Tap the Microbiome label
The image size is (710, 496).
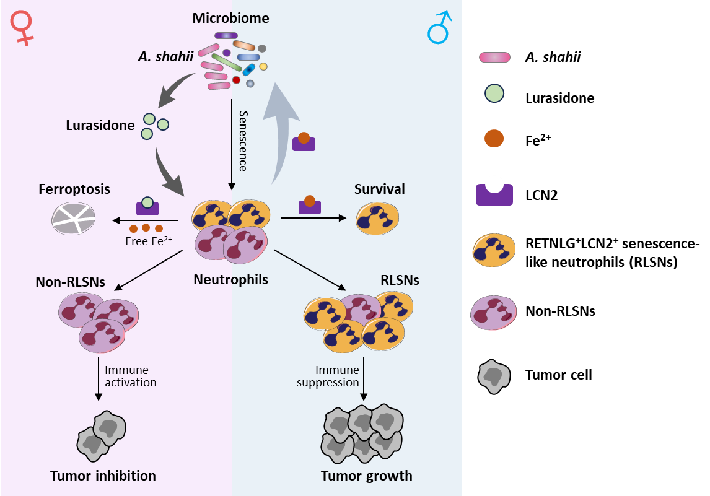(230, 19)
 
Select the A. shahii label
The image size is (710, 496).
(165, 58)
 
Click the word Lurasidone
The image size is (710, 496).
(100, 126)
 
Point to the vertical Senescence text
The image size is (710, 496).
(243, 141)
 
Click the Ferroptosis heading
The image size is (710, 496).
(74, 189)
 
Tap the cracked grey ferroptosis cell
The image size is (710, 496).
(74, 218)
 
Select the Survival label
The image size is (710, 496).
(379, 189)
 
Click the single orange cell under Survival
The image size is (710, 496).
(377, 219)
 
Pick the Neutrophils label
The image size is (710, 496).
(230, 279)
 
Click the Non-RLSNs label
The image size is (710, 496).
(70, 283)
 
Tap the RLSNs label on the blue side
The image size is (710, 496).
(400, 281)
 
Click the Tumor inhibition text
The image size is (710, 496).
(103, 476)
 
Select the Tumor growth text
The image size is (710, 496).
(366, 476)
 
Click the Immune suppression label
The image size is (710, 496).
(328, 376)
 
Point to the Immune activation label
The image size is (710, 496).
(130, 376)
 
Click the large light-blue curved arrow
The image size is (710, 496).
(279, 130)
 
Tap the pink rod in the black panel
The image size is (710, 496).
(494, 58)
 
